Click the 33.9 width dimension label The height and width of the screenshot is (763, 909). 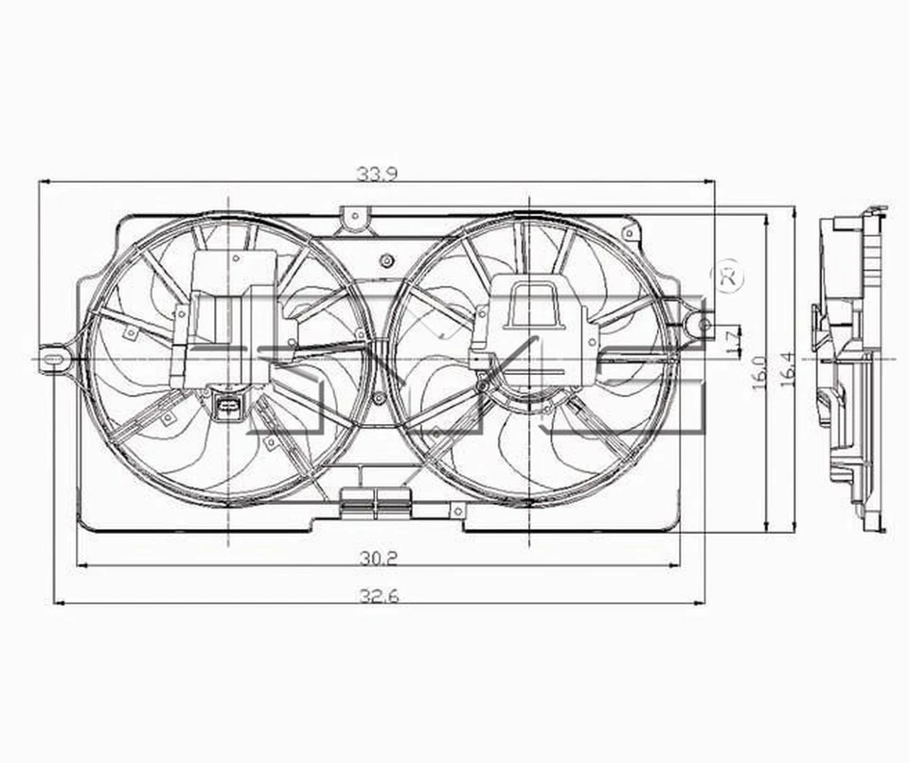pos(376,173)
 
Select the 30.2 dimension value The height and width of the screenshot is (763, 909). pos(377,559)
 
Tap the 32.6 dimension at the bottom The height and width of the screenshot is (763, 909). pos(377,596)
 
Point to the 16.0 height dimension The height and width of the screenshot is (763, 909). pos(758,372)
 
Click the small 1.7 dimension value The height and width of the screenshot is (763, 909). pos(732,341)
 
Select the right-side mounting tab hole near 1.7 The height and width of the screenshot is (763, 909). pos(704,325)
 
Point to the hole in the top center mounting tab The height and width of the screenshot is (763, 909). pos(354,217)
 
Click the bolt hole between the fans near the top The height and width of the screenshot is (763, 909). pos(385,260)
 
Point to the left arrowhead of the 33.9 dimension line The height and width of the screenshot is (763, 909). pos(42,182)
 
